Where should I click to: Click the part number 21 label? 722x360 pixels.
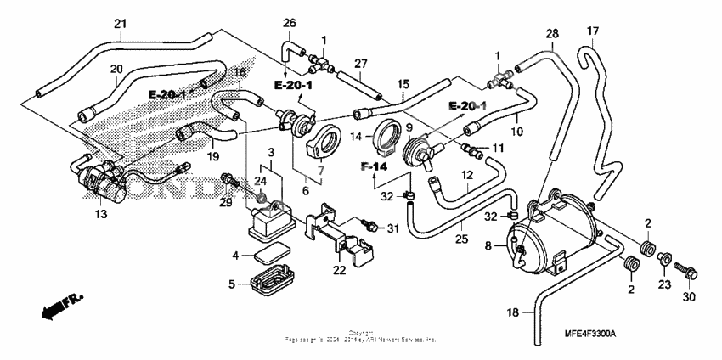coord(119,23)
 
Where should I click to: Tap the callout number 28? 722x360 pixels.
coord(552,34)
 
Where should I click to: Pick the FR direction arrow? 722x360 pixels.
coord(63,303)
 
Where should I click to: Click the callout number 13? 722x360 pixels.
coord(101,215)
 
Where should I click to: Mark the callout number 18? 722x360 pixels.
coord(512,313)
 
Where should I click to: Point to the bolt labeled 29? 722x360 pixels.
coord(230,179)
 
